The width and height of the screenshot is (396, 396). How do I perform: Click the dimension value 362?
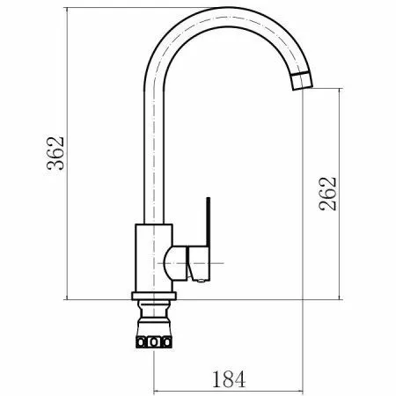[55, 153]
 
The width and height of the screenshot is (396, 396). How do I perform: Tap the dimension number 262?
[327, 194]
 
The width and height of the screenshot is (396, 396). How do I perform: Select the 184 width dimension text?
[229, 379]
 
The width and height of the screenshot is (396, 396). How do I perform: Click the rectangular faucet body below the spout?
[153, 258]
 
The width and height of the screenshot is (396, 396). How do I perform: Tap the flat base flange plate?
[154, 296]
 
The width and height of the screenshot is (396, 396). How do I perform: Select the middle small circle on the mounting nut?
[153, 342]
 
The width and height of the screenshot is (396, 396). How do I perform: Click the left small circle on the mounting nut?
[141, 342]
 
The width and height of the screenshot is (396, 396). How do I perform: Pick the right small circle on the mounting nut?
[167, 342]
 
